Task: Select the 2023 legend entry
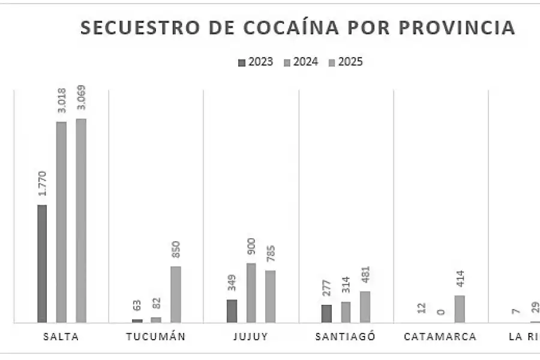[x=256, y=62]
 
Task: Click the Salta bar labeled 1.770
[x=42, y=264]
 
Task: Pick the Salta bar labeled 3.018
[x=61, y=222]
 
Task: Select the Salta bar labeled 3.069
[x=81, y=221]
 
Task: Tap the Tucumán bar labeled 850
[x=175, y=295]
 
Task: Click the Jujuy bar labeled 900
[x=251, y=293]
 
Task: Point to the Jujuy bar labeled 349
[x=232, y=311]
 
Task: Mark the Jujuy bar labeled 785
[x=271, y=296]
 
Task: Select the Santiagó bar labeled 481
[x=365, y=307]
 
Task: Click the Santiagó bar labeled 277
[x=326, y=313]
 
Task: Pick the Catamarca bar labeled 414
[x=460, y=309]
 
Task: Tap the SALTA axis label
[x=61, y=336]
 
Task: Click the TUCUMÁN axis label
[x=156, y=336]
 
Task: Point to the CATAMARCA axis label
[x=440, y=336]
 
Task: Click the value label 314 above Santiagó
[x=346, y=287]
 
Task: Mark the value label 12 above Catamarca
[x=421, y=308]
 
